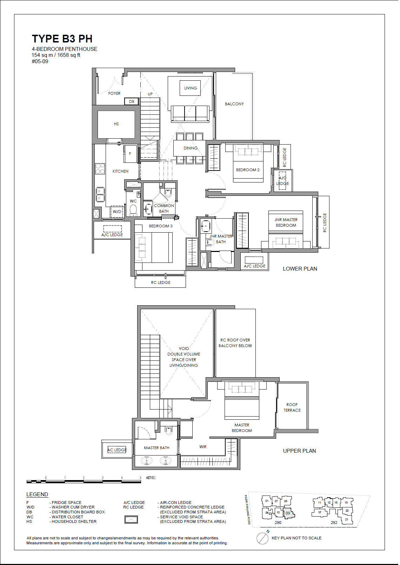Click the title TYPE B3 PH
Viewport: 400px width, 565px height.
(62, 39)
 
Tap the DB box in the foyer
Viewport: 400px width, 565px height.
(132, 101)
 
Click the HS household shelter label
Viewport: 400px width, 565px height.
(116, 124)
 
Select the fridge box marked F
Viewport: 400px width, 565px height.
(130, 154)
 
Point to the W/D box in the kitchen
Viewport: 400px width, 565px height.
(117, 212)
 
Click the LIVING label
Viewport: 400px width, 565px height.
(191, 88)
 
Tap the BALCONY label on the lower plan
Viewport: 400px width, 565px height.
(234, 104)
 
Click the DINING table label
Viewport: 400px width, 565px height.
(191, 148)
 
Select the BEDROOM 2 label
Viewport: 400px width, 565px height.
(248, 170)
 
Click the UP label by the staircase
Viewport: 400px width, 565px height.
(150, 94)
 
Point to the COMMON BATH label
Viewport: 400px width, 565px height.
(164, 208)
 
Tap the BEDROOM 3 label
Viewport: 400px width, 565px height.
(160, 226)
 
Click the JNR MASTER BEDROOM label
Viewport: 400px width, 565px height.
(286, 222)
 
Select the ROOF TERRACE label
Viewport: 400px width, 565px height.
(292, 407)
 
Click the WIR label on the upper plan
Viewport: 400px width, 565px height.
(203, 447)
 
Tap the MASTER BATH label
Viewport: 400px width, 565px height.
(156, 448)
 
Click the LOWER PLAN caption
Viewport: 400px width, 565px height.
(300, 269)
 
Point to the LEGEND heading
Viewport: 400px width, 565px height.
(37, 494)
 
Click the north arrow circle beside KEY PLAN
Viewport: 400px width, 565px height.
(262, 538)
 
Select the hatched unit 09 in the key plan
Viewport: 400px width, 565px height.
(288, 513)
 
